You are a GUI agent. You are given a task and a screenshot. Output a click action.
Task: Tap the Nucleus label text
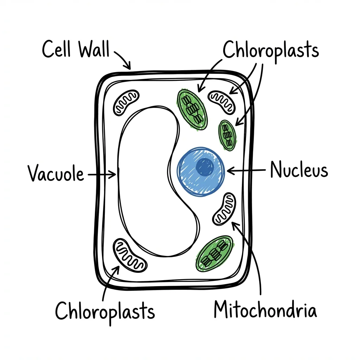click(299, 171)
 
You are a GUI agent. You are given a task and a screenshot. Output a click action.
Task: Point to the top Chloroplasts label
click(271, 50)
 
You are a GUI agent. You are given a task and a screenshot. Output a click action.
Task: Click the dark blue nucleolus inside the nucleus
click(205, 167)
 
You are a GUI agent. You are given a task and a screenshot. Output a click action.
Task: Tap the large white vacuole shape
click(148, 176)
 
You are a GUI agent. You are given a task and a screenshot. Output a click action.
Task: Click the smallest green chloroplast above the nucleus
click(227, 135)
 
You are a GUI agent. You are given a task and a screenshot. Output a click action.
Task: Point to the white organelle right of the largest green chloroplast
click(223, 102)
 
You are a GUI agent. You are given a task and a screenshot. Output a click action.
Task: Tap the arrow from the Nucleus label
click(246, 171)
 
